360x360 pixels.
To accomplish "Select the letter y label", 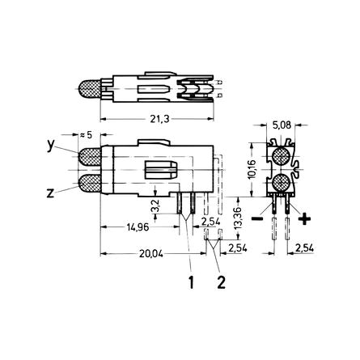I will point(51,146).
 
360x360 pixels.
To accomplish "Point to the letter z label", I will point(51,193).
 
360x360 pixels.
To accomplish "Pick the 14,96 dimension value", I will point(138,227).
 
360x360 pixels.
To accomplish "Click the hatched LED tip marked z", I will point(88,183).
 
